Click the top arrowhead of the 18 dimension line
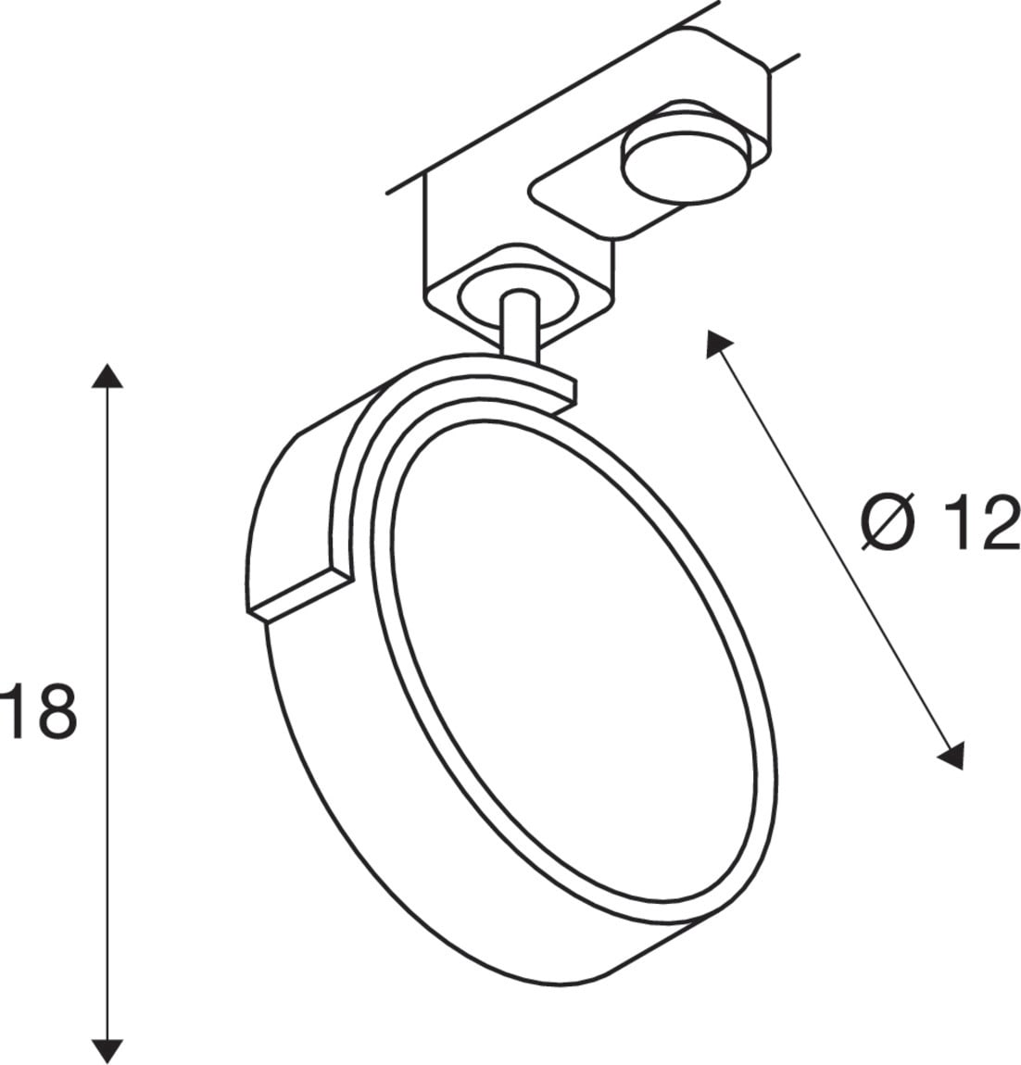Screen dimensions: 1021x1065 [x=107, y=376]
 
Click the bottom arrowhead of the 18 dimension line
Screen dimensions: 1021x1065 [x=107, y=1051]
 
